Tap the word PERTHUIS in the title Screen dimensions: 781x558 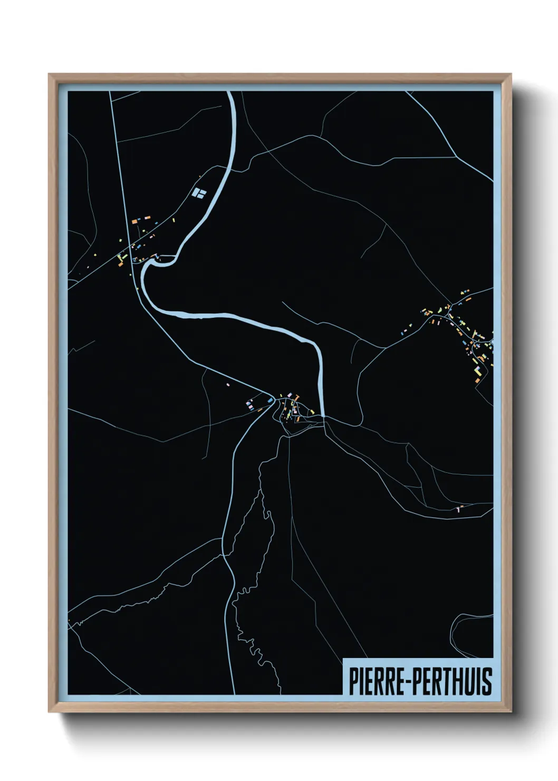click(x=452, y=681)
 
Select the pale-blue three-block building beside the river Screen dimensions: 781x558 click(x=199, y=193)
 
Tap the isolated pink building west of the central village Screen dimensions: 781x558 click(x=228, y=385)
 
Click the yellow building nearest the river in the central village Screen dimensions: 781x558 click(x=312, y=411)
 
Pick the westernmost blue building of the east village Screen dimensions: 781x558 click(x=405, y=332)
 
